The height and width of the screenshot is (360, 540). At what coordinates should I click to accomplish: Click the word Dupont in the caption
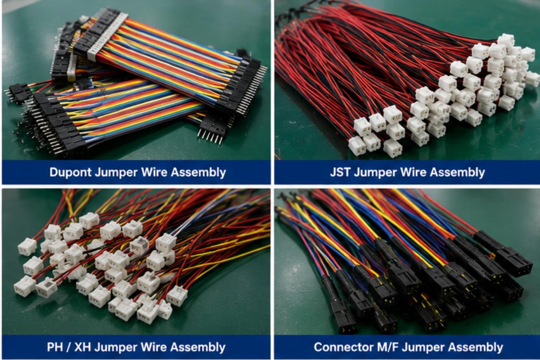coord(70,172)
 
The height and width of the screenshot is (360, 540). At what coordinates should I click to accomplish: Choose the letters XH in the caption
coord(83,347)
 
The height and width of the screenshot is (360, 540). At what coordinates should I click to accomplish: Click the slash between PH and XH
coord(69,347)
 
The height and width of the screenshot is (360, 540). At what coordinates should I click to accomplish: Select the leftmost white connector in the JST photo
coord(357,146)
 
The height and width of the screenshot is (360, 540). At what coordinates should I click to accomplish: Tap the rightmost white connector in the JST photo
coord(532,79)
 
